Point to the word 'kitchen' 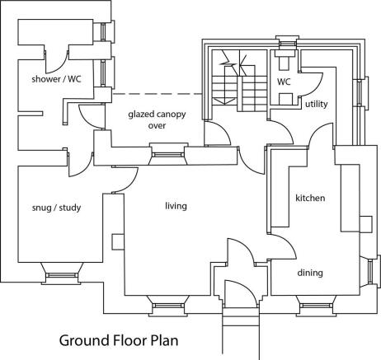click(x=310, y=198)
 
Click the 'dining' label click(x=310, y=273)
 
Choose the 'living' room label click(x=176, y=205)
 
